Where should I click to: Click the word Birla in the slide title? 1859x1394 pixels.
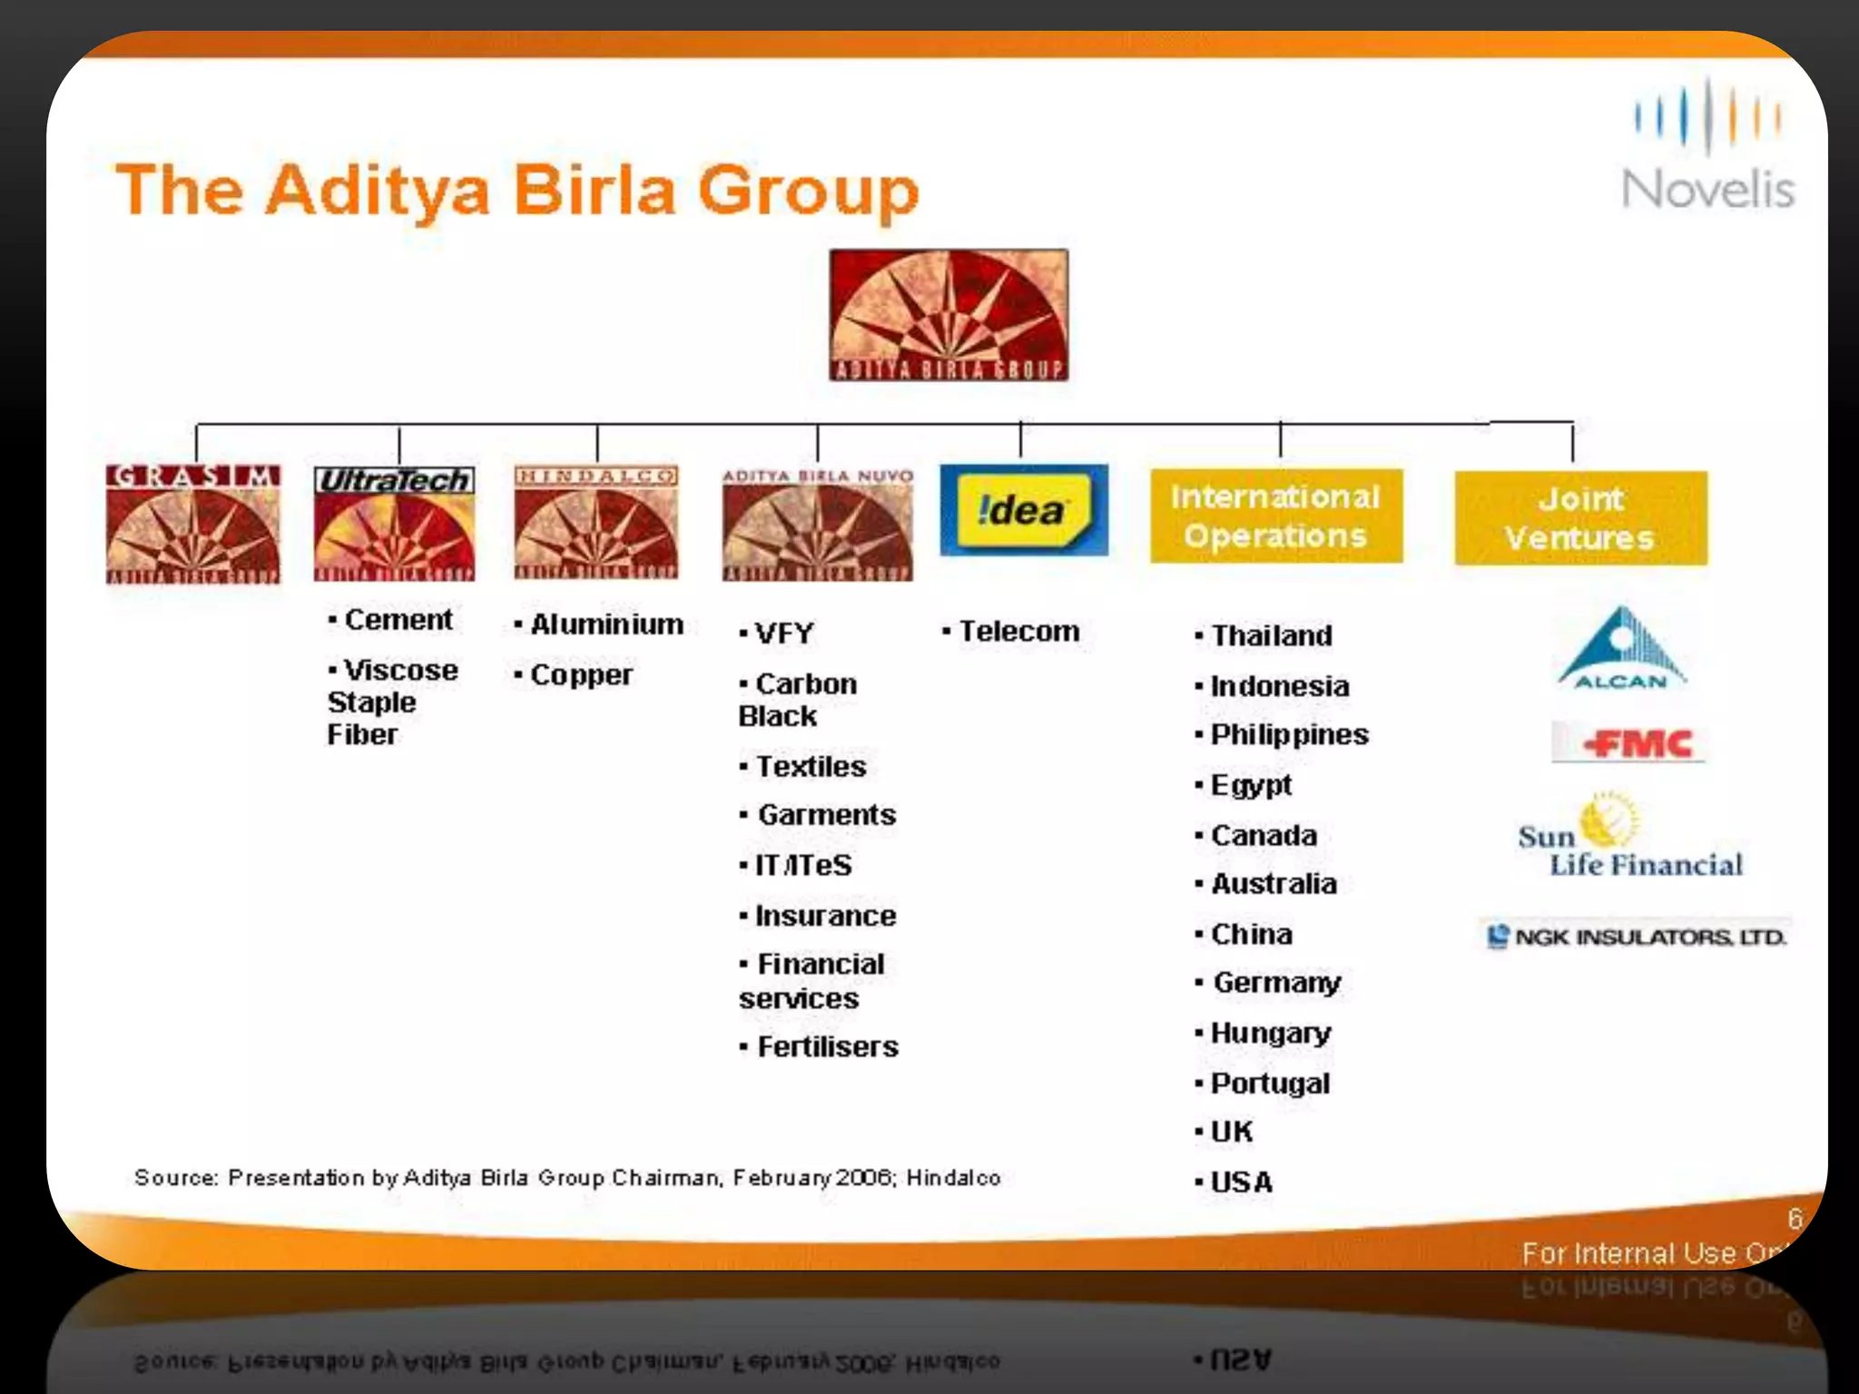595,191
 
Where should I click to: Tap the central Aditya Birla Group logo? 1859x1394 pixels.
949,315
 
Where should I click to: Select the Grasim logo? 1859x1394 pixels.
193,524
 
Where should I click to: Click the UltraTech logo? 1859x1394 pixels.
394,524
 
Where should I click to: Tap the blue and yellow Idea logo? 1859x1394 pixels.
1023,510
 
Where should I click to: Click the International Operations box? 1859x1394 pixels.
1275,516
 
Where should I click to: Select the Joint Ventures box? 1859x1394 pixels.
1580,518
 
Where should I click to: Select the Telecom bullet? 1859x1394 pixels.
1018,632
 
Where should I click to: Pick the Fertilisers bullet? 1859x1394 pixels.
827,1047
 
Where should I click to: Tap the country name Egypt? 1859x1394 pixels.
1251,785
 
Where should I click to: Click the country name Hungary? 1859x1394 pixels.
1270,1033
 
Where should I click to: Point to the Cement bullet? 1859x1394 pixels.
398,620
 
